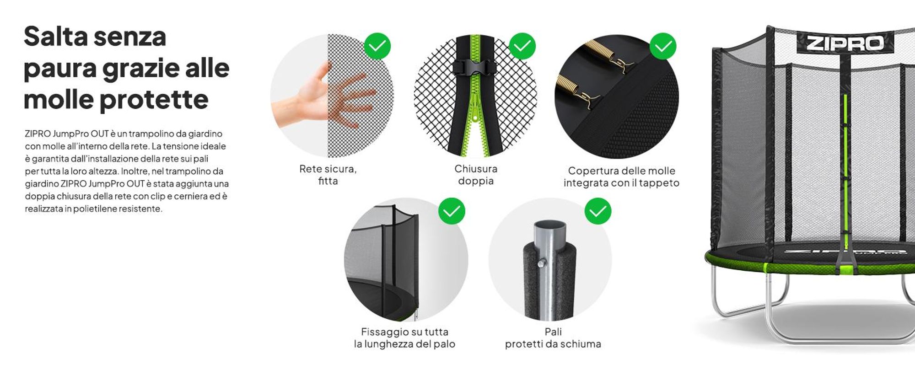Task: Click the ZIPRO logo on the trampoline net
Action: [x=845, y=43]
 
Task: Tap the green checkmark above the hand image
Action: [x=377, y=46]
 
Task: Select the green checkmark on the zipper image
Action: [x=522, y=46]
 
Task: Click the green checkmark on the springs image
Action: [x=663, y=46]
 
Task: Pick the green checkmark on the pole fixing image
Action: [x=452, y=211]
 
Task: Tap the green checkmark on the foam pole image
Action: [x=598, y=211]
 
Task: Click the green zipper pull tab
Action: [x=475, y=108]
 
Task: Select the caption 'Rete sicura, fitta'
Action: [x=328, y=175]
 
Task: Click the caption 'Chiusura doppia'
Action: [x=476, y=175]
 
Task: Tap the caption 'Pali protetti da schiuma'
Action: [x=553, y=338]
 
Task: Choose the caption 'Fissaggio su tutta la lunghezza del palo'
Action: [x=404, y=338]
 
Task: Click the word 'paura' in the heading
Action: [x=59, y=69]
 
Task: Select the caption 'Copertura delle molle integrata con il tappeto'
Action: [x=621, y=177]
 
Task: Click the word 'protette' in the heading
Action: [x=154, y=99]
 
